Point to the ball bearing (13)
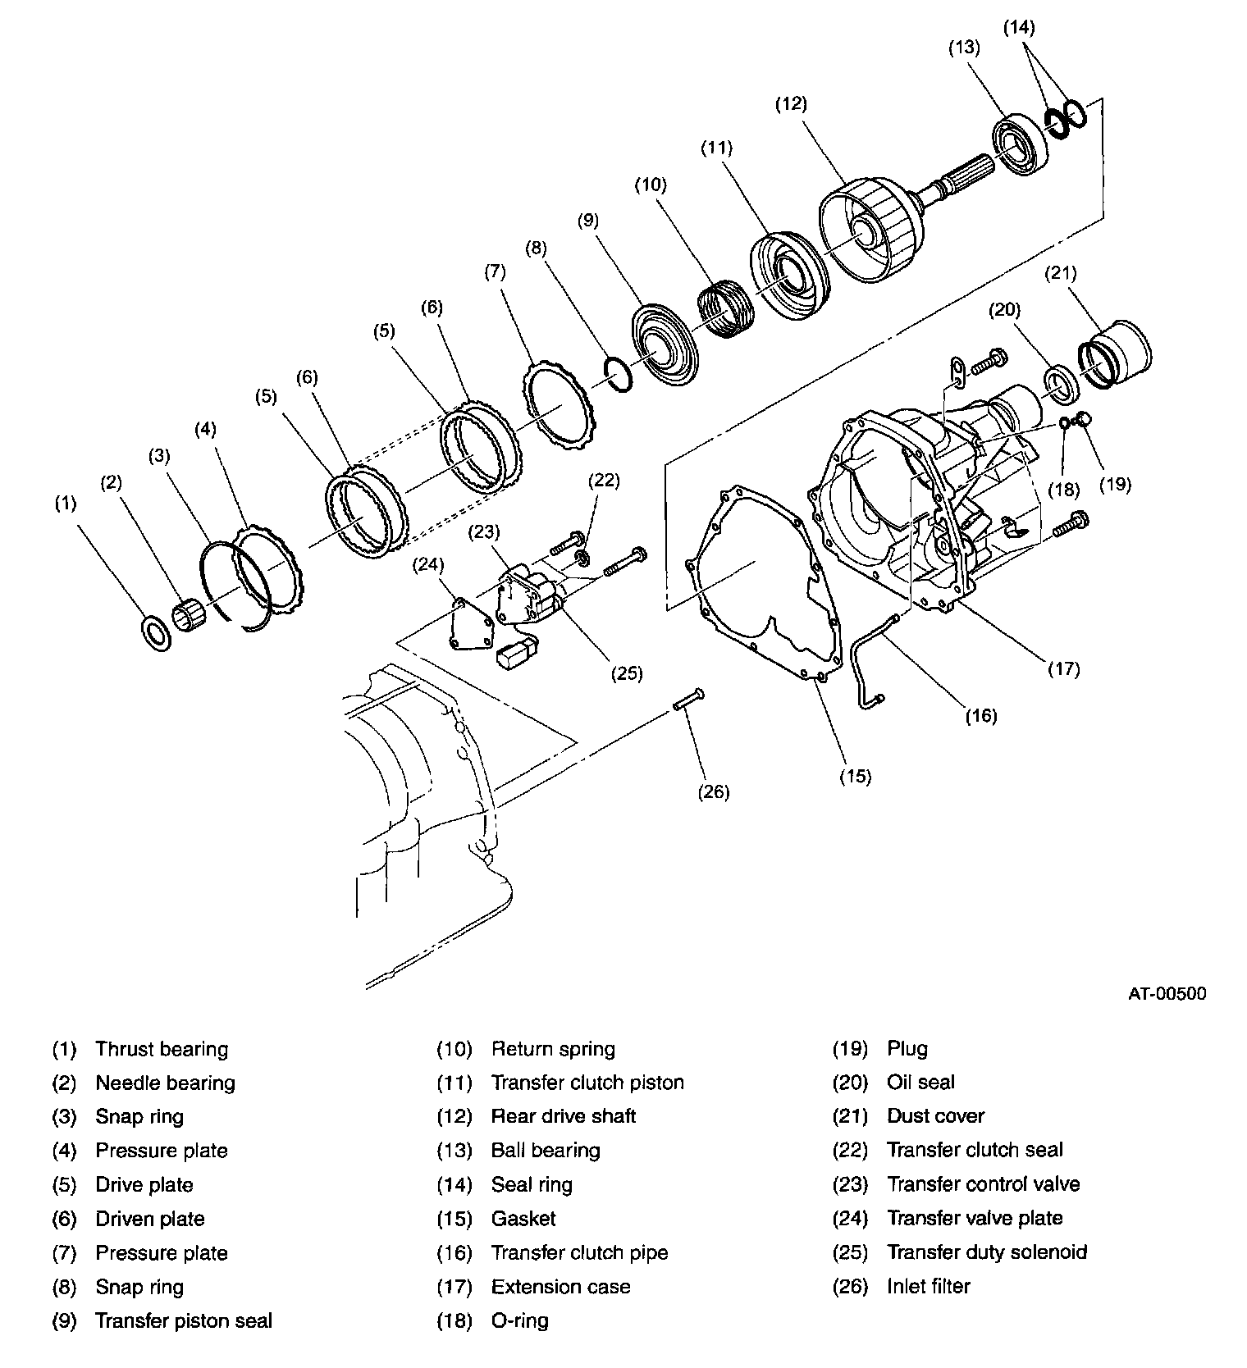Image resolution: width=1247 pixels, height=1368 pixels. [x=1021, y=147]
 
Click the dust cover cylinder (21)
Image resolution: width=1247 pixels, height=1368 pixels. [x=1117, y=353]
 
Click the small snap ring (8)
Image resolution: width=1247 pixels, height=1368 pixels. [x=617, y=375]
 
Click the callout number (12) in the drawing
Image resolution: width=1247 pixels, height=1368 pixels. [x=792, y=104]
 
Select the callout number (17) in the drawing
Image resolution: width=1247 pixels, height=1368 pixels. [x=1064, y=669]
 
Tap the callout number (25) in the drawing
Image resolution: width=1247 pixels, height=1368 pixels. [x=627, y=673]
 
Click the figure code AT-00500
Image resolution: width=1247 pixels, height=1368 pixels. [x=1166, y=993]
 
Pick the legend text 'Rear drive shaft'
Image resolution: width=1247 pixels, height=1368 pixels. [x=563, y=1116]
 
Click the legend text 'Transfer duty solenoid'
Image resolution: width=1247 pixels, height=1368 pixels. [x=986, y=1252]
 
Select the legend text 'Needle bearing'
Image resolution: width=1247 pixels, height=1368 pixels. [x=165, y=1083]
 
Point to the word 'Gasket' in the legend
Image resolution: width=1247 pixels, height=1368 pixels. [x=523, y=1219]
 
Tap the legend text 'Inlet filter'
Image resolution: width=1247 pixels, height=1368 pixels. [x=928, y=1286]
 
